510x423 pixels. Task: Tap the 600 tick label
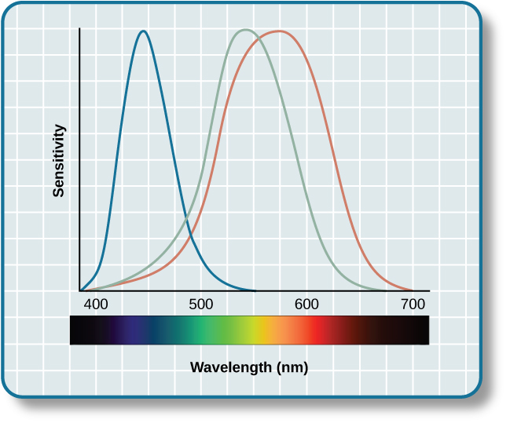pyautogui.click(x=306, y=304)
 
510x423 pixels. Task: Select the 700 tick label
pyautogui.click(x=412, y=304)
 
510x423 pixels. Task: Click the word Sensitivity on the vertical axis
pyautogui.click(x=58, y=160)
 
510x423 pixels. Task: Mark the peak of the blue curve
pyautogui.click(x=143, y=31)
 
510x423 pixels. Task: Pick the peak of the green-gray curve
pyautogui.click(x=245, y=30)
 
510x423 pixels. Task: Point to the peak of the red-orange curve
pyautogui.click(x=279, y=31)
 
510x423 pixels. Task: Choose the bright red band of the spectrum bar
pyautogui.click(x=314, y=330)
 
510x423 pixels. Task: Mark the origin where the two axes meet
pyautogui.click(x=79, y=291)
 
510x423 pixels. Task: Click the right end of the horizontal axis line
pyautogui.click(x=429, y=291)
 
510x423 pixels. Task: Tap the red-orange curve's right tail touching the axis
pyautogui.click(x=410, y=290)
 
